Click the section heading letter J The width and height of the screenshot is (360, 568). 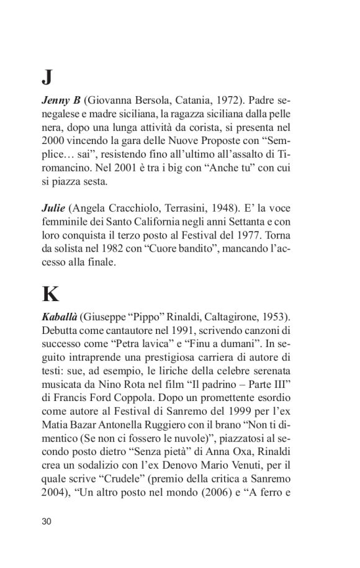pos(47,77)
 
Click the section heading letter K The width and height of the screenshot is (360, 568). pos(50,294)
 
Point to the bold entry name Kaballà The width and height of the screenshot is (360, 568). pos(61,317)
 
